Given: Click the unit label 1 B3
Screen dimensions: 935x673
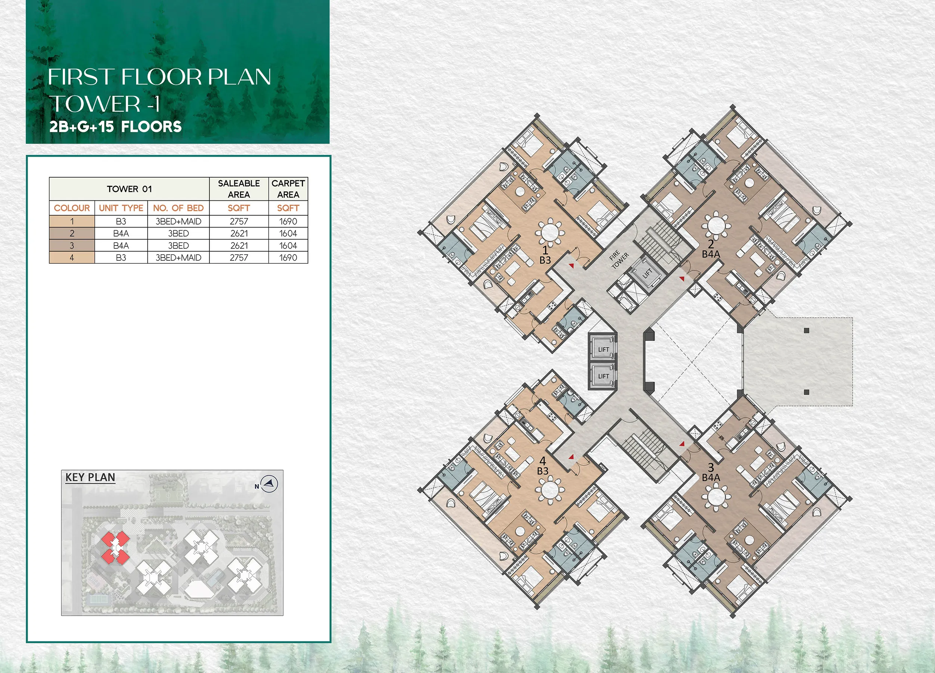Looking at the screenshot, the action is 545,255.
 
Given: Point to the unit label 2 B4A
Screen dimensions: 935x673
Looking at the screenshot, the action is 711,249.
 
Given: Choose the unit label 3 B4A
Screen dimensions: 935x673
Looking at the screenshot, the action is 711,472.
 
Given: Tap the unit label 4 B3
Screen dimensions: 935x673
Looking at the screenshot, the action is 543,466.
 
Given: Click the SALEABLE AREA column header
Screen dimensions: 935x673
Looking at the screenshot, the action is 239,189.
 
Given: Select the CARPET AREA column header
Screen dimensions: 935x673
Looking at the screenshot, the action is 288,189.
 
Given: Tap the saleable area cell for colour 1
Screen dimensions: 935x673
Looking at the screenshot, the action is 239,221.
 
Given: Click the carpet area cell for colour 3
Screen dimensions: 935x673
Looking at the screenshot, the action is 288,246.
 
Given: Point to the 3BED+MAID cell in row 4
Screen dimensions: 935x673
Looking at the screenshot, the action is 178,258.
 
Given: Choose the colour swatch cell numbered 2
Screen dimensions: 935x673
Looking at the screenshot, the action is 72,234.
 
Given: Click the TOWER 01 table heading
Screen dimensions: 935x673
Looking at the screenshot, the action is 129,189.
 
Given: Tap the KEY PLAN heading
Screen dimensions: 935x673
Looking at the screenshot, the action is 90,477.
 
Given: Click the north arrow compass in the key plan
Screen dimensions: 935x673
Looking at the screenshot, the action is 270,484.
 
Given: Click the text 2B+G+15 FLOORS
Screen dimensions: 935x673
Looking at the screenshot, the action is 116,126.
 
